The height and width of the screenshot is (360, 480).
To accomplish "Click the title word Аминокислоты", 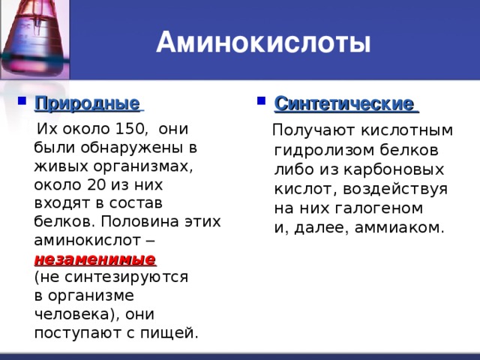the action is coord(263,42).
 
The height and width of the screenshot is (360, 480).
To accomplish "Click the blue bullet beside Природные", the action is coord(22,100).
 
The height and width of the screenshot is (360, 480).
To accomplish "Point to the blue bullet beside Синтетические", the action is coord(261,100).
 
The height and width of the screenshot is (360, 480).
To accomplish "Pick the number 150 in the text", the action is coord(130,128).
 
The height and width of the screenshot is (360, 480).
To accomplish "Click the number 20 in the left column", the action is coord(97,184).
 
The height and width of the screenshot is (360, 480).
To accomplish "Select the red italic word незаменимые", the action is coord(95,259).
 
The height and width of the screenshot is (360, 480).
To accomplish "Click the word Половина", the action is coord(139,221).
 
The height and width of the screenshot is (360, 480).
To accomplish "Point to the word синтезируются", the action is coord(127,277).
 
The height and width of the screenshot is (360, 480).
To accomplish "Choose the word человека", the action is coord(73,314).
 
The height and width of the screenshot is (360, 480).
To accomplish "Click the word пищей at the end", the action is coord(167,333).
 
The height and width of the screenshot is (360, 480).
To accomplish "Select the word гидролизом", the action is coord(325,151).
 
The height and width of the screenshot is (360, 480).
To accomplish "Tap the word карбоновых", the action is coord(394,169).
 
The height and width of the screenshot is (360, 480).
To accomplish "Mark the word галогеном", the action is coord(379,208).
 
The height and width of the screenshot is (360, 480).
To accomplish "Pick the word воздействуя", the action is coord(395,189).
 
